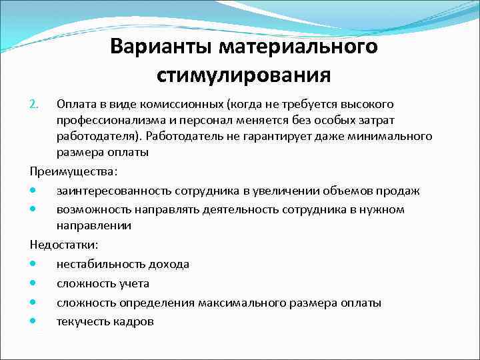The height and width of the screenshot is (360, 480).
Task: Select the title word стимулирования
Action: click(x=244, y=74)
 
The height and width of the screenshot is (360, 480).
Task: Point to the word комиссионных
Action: click(x=185, y=105)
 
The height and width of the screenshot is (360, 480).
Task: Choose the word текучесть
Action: click(x=83, y=322)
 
